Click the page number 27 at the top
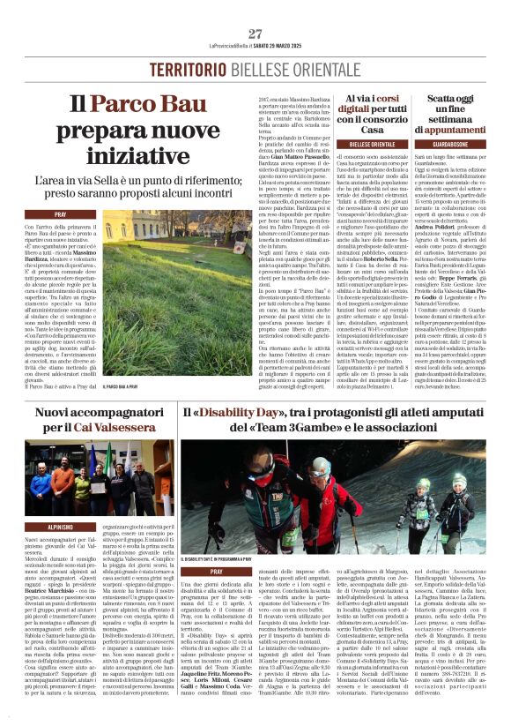(x=255, y=34)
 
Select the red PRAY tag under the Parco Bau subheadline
(x=61, y=214)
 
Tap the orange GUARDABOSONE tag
(x=463, y=143)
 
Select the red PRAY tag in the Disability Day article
(x=217, y=572)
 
